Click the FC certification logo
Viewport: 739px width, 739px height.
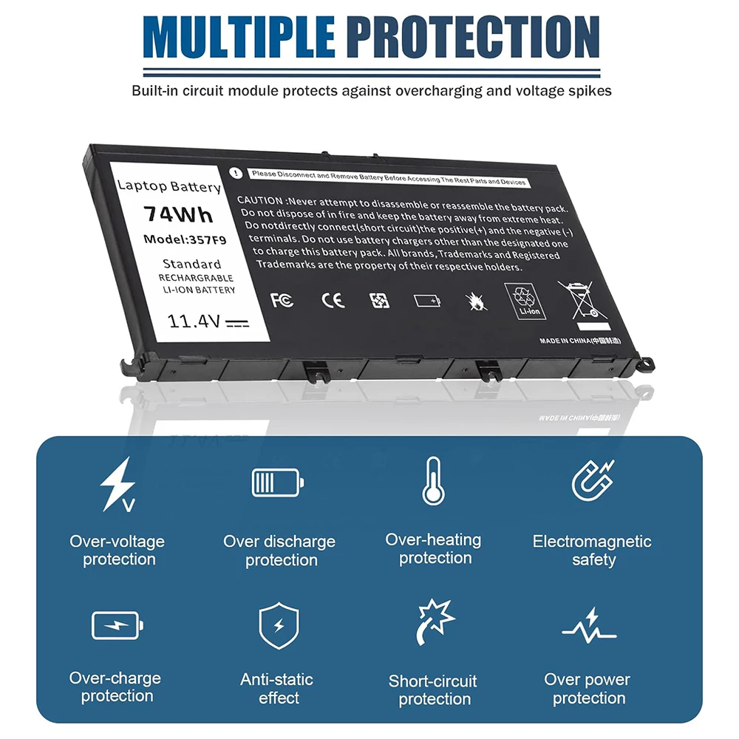coord(282,300)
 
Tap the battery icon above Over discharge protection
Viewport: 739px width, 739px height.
coord(277,483)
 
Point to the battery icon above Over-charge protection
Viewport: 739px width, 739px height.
coord(116,626)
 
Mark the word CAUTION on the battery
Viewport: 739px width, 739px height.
coord(259,201)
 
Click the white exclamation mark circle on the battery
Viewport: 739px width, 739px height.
coord(235,172)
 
